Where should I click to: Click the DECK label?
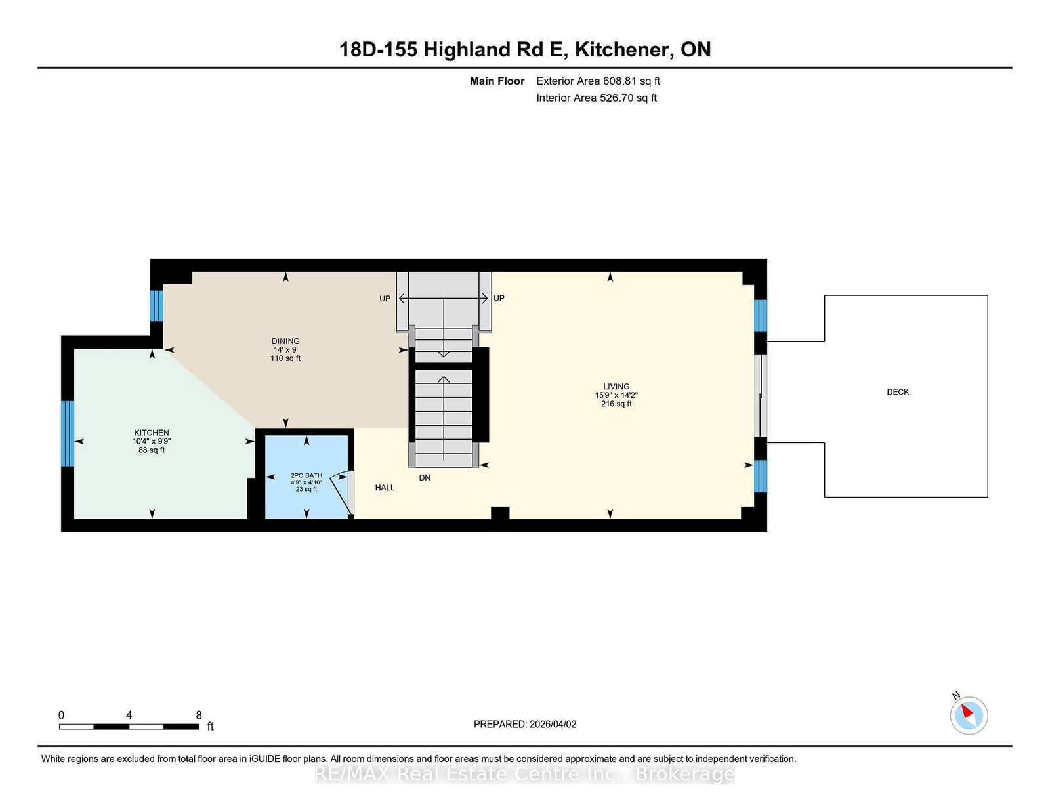898,392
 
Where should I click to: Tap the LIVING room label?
616,387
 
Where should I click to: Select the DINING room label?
285,341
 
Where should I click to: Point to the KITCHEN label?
152,433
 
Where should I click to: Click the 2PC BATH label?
306,476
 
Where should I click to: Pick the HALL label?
385,488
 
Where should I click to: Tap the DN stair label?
425,477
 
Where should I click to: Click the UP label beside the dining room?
385,299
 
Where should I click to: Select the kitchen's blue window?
68,433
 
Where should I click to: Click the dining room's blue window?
157,305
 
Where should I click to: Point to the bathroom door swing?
342,492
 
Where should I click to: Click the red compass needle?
967,711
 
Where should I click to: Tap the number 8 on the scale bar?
199,715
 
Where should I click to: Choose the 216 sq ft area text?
616,404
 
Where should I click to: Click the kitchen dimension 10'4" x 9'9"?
152,441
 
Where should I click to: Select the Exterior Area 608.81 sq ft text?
598,81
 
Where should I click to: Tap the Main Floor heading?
497,81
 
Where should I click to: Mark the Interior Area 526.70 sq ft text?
597,98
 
